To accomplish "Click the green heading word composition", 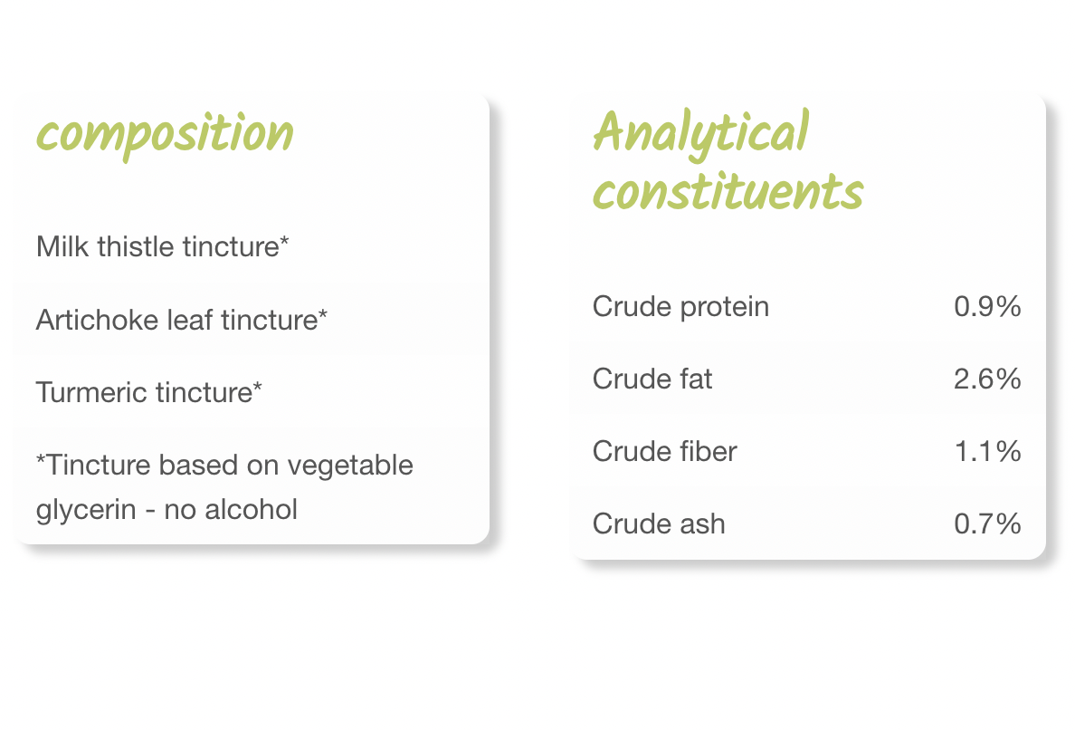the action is (165, 134).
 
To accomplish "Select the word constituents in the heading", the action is (728, 191).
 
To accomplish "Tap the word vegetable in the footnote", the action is (350, 466).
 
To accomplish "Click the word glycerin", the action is (86, 511).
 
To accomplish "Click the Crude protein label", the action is (680, 307).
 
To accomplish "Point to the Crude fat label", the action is (652, 379).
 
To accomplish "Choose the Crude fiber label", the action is (665, 451).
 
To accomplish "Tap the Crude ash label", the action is (659, 524).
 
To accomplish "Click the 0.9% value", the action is (987, 307).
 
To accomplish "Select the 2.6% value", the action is (987, 379).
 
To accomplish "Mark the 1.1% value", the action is (988, 451).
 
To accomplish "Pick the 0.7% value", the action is (987, 524).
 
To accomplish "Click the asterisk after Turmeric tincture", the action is (257, 386).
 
